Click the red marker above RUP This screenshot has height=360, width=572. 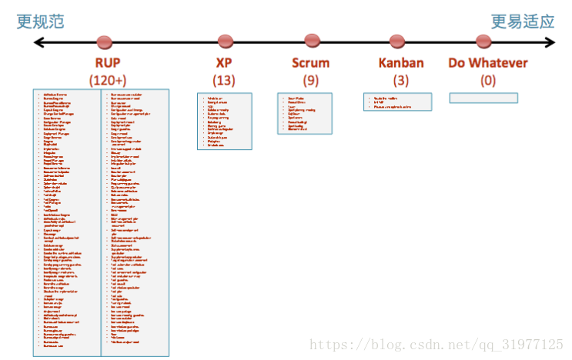pyautogui.click(x=105, y=42)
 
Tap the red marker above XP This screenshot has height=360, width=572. pyautogui.click(x=225, y=41)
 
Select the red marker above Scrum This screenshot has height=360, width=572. pyautogui.click(x=312, y=40)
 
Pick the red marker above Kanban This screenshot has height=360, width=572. pyautogui.click(x=397, y=41)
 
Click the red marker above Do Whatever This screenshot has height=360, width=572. pyautogui.click(x=483, y=41)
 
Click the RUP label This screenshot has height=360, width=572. pyautogui.click(x=107, y=63)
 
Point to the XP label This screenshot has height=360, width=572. pyautogui.click(x=224, y=63)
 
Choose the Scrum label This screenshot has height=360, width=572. pyautogui.click(x=311, y=63)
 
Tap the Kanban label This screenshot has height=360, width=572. pyautogui.click(x=401, y=63)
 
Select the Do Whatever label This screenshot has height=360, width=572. pyautogui.click(x=488, y=63)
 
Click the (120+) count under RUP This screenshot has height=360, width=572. pyautogui.click(x=107, y=79)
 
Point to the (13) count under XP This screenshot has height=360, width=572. pyautogui.click(x=224, y=79)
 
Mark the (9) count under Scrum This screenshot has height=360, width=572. pyautogui.click(x=311, y=79)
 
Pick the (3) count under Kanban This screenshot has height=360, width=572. pyautogui.click(x=401, y=79)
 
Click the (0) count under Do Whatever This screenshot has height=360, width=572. pyautogui.click(x=488, y=79)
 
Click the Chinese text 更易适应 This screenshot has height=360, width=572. pyautogui.click(x=523, y=22)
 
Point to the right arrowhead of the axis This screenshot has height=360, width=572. pyautogui.click(x=550, y=43)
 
